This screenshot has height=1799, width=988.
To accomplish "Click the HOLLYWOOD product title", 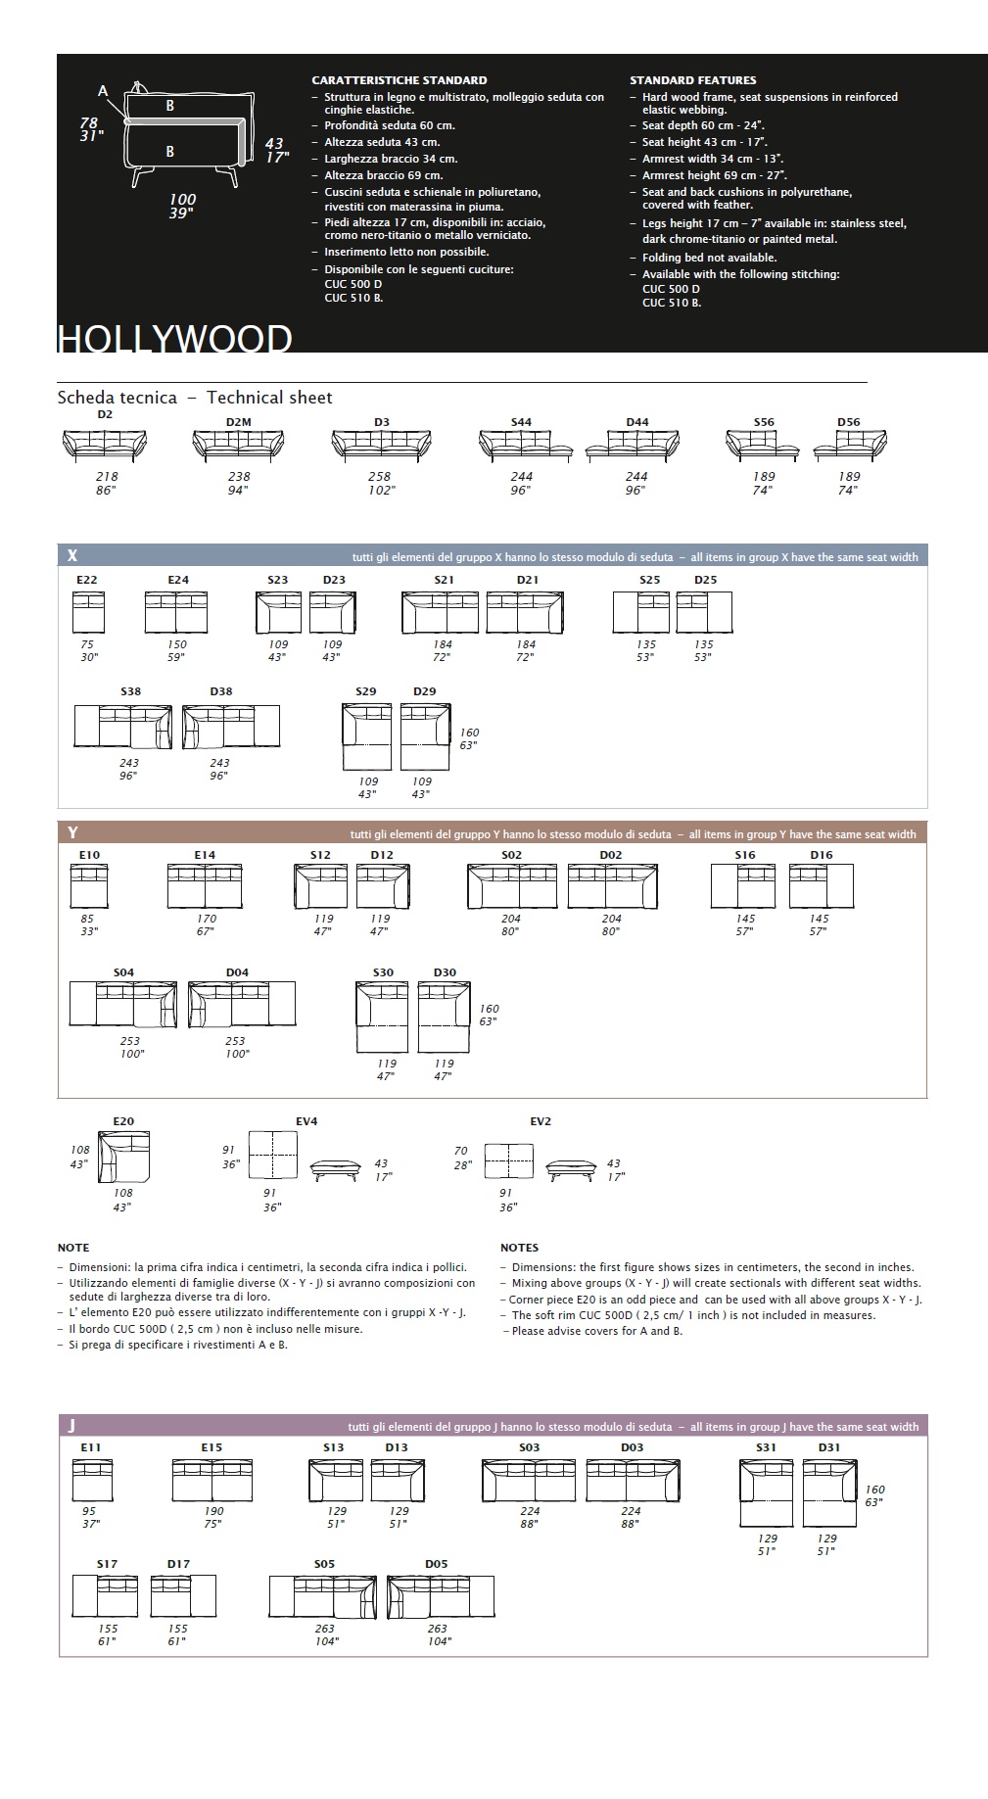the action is point(174,339).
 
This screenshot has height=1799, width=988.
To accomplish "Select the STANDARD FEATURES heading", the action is point(692,80).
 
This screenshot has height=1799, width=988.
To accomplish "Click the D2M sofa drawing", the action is point(238,446).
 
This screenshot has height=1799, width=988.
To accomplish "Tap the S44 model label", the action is point(521,422).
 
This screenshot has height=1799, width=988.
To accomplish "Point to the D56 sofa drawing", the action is point(850,446).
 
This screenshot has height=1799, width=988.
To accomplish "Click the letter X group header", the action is point(72,555).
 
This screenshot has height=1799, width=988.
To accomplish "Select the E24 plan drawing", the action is point(176,612).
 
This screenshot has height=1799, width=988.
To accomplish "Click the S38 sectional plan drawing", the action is point(122,726).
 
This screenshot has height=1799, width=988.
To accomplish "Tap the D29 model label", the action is point(424,691).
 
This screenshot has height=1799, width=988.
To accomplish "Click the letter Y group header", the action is point(72,832).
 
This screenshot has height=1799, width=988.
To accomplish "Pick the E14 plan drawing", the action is point(205,886).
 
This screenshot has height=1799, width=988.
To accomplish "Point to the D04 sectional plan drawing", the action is point(242,1004).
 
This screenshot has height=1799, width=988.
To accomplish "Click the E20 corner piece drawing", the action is point(123,1157).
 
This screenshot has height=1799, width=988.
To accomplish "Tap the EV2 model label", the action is point(541,1121).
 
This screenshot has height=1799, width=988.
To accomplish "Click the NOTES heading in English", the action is point(519,1248).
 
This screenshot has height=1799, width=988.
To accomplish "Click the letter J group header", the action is point(71,1426).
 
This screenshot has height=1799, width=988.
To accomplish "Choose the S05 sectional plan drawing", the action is point(323,1595).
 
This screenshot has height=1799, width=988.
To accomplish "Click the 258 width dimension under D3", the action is point(379,477).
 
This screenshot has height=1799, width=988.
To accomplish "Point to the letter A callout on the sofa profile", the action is point(103,91).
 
